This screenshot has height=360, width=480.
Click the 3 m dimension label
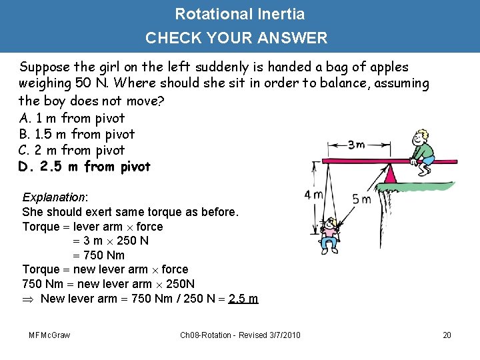click(355, 145)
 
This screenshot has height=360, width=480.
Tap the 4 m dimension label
click(314, 195)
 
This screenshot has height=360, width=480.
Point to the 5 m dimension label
click(362, 199)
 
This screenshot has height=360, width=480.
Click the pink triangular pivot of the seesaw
click(389, 175)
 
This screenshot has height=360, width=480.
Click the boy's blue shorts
click(426, 160)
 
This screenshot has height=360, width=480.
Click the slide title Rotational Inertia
click(239, 14)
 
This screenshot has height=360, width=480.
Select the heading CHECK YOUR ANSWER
click(237, 38)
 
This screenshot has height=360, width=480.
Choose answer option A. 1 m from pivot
click(72, 118)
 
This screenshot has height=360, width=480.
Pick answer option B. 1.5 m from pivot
click(77, 134)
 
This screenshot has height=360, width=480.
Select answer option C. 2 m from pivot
click(72, 150)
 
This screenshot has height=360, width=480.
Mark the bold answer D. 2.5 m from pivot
click(85, 166)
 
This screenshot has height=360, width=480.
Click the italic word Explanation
click(54, 197)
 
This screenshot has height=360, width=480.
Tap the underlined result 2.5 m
click(243, 298)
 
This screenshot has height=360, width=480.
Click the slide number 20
click(447, 334)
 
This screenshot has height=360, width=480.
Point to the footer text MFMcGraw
click(50, 334)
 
